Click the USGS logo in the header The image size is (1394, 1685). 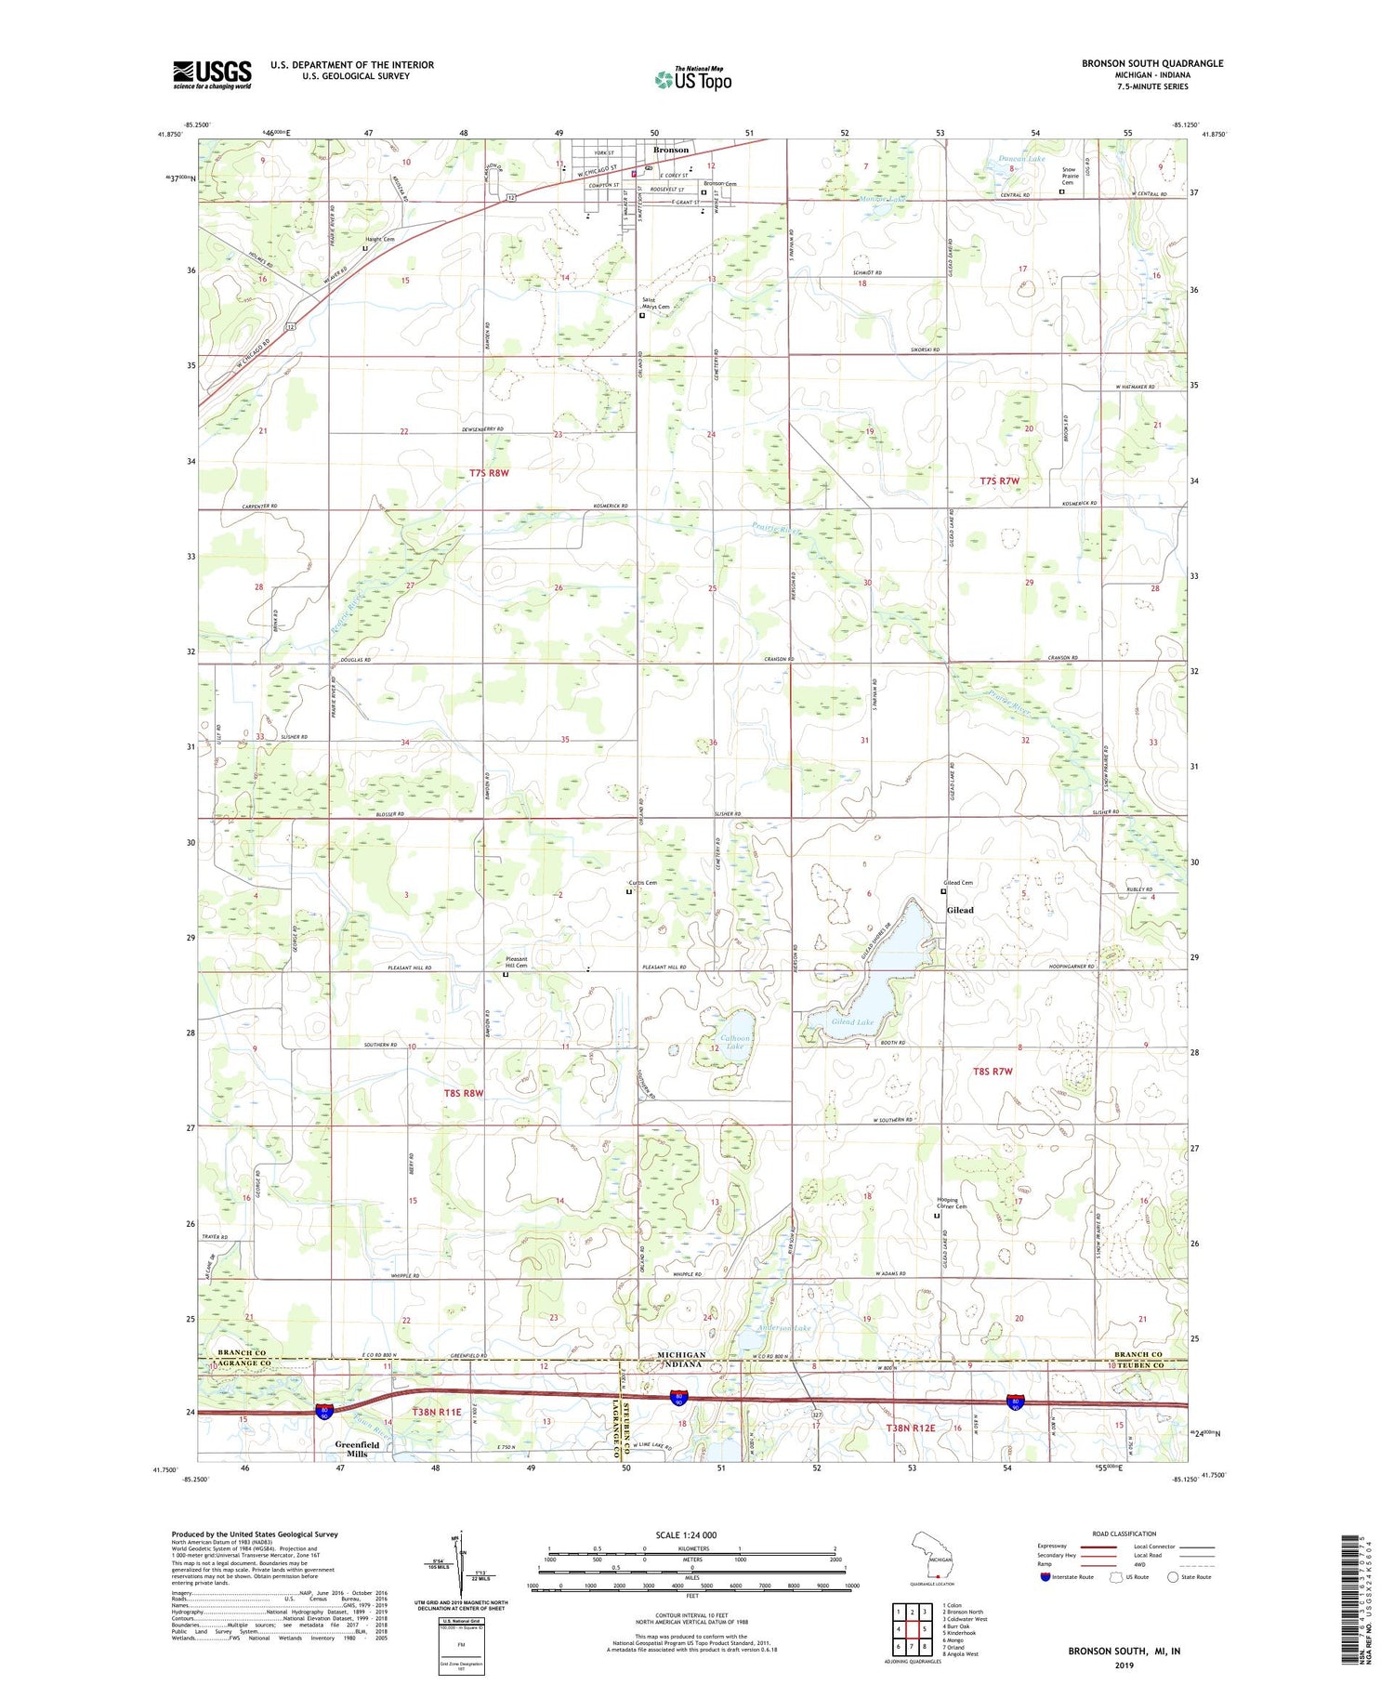point(212,74)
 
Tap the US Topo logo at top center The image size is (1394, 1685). point(692,80)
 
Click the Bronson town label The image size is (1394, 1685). point(671,150)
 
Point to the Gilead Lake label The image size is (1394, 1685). point(852,1021)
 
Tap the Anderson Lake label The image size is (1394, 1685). point(785,1328)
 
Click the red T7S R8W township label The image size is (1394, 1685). point(490,473)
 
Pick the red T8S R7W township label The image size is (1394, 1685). point(992,1072)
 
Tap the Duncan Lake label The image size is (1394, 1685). point(1005,159)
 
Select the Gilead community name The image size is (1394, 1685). point(960,910)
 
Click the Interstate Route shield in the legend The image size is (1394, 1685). point(1045,1576)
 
